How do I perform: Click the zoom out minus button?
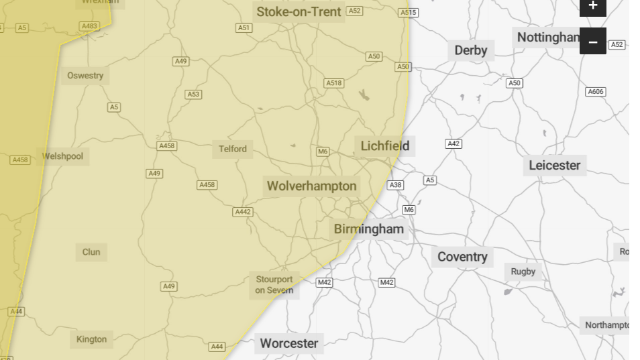pos(592,42)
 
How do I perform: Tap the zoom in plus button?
pos(592,6)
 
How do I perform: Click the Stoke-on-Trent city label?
pos(299,12)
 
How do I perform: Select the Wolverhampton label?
pos(311,186)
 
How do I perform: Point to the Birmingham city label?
pos(369,229)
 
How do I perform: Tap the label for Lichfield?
pos(384,146)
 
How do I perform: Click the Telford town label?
pos(233,149)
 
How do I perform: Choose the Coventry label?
pos(462,257)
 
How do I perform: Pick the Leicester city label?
pos(554,165)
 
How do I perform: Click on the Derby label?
pos(470,50)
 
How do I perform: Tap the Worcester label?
pos(288,343)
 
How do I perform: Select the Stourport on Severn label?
pos(274,285)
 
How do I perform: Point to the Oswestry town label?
pos(85,76)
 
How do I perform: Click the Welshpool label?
pos(62,156)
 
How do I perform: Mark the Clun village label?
pos(91,252)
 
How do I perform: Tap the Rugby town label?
pos(523,272)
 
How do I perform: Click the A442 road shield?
pos(243,212)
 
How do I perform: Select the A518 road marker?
pos(333,83)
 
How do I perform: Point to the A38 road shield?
pos(396,185)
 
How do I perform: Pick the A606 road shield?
pos(595,92)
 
